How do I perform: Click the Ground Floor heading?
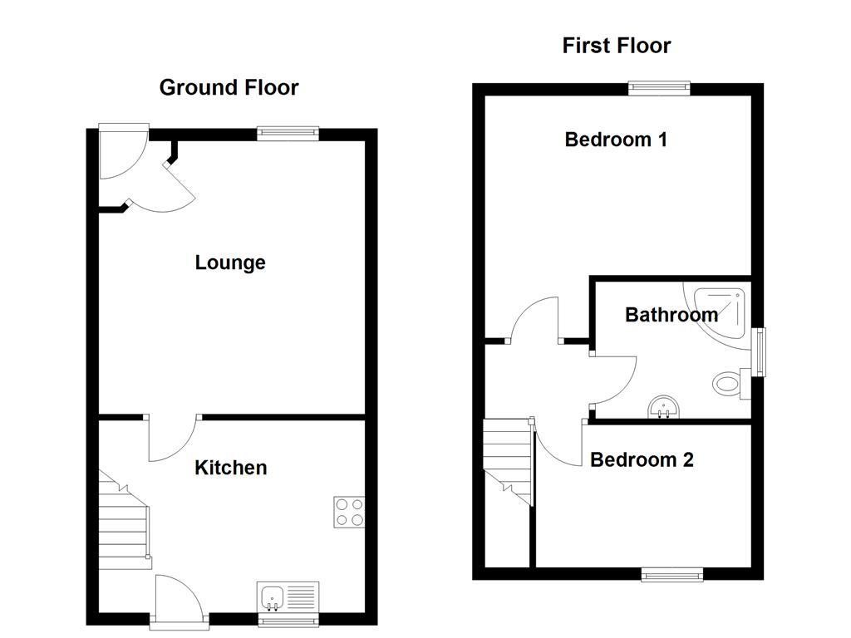[229, 87]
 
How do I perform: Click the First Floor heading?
[616, 46]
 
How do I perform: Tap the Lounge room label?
[230, 263]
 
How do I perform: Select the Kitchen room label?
[230, 468]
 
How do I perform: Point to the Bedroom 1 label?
[615, 140]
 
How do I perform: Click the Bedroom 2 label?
[642, 459]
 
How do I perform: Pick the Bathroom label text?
[671, 315]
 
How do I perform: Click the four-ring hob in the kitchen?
[349, 512]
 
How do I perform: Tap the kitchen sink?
[288, 597]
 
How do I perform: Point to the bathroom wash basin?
[663, 406]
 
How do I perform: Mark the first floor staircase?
[507, 461]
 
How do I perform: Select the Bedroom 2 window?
[672, 574]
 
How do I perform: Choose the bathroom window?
[758, 352]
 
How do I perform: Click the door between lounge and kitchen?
[173, 439]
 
